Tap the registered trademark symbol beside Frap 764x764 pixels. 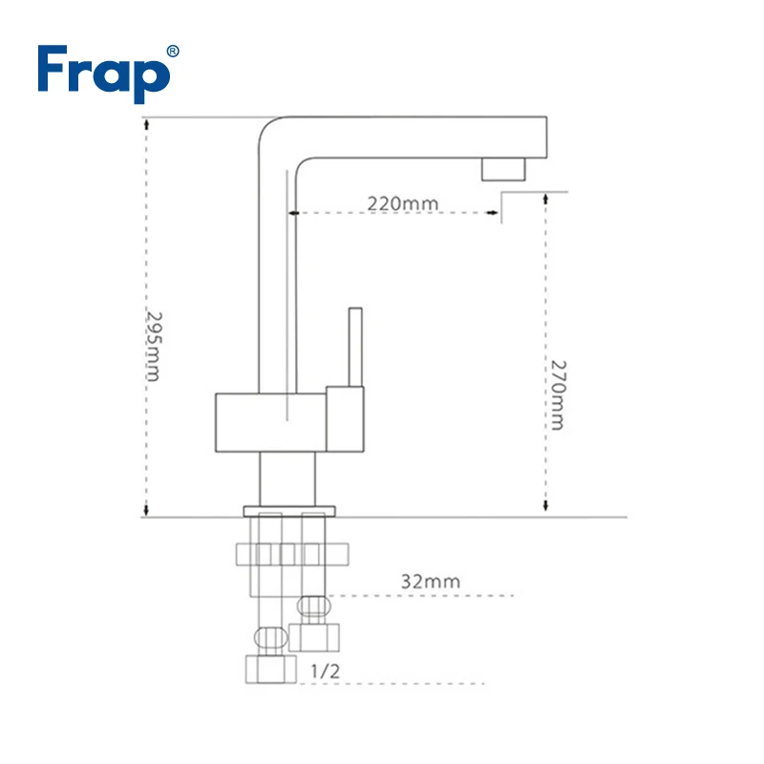pos(173,52)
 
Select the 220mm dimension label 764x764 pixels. pos(403,203)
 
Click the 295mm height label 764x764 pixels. pos(154,347)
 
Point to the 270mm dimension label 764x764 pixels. pos(558,395)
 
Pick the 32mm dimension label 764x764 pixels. pos(431,582)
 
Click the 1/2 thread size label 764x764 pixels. pos(325,671)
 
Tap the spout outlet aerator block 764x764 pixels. pos(503,169)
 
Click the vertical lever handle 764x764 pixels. pos(355,347)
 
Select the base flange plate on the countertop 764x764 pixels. pos(289,511)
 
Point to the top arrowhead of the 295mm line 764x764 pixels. pos(146,124)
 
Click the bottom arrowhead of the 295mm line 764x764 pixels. pos(146,510)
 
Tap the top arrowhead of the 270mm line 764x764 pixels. pos(545,199)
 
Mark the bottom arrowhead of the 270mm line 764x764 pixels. pos(545,505)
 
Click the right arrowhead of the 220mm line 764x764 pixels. pos(493,212)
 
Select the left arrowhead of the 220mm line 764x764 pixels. pos(294,213)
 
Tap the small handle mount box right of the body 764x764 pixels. pos(345,419)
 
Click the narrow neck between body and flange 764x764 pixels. pos(287,479)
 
